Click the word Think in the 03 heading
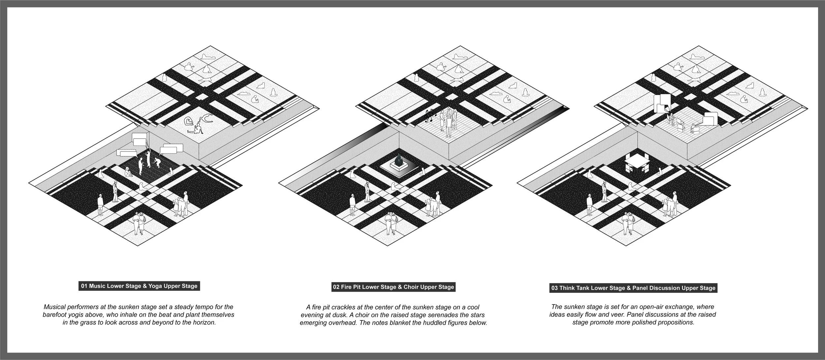(x=567, y=288)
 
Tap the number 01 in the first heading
(x=84, y=286)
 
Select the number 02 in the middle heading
(x=336, y=287)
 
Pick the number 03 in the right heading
(x=554, y=288)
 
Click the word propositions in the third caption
(x=676, y=322)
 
